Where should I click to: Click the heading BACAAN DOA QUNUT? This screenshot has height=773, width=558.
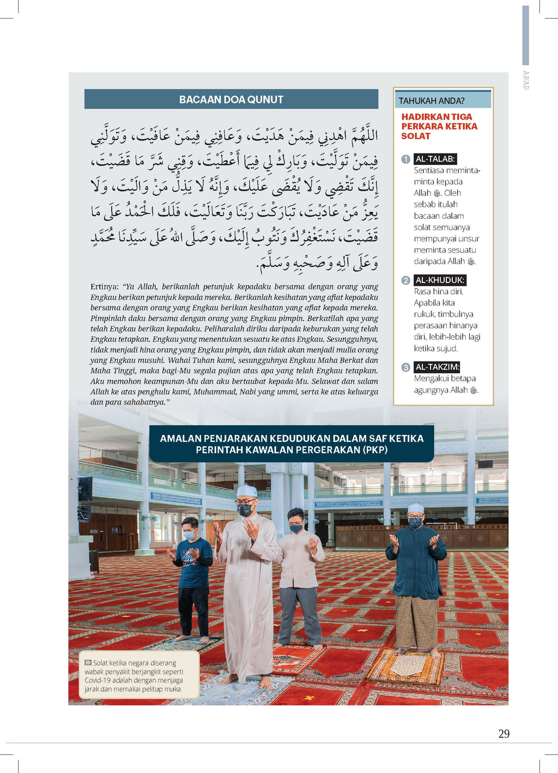231,100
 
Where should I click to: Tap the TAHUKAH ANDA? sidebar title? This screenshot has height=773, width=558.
431,101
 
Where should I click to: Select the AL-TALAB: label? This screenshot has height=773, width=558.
435,159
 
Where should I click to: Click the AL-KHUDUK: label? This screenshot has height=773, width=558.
440,280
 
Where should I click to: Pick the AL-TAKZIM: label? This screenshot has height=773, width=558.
437,367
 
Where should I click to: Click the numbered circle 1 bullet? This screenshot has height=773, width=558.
405,159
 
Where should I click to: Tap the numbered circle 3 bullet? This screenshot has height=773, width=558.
405,367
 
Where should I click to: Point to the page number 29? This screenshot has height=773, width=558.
504,734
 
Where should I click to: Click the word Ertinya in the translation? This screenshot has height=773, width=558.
105,287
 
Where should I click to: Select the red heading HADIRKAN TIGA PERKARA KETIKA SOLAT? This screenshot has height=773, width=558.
439,126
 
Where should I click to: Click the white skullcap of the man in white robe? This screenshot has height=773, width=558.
246,490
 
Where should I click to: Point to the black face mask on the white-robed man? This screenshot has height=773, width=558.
245,510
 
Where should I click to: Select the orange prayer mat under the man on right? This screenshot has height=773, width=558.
406,667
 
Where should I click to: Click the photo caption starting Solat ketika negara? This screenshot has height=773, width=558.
136,676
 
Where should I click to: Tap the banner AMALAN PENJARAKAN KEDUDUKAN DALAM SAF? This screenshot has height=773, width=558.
292,444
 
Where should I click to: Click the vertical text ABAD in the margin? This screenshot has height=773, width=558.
526,80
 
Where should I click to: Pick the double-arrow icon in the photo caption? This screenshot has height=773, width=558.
88,662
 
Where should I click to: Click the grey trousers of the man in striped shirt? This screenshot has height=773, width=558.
299,615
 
